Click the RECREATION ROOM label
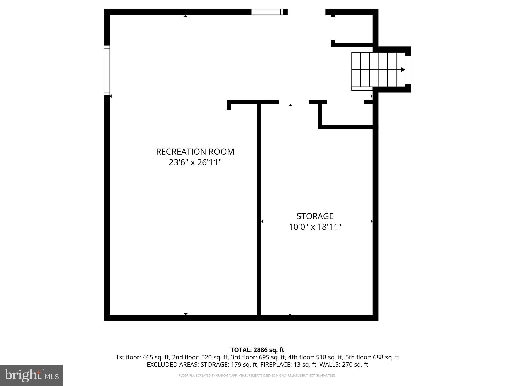[195, 152]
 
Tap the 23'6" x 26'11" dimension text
[195, 163]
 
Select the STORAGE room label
[315, 216]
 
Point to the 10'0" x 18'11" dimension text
[315, 227]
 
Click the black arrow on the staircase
[403, 70]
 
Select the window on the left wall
[107, 71]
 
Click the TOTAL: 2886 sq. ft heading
[257, 350]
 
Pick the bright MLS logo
[31, 375]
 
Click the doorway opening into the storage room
[294, 102]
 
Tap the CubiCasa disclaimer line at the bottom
[257, 376]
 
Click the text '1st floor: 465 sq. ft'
[143, 357]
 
